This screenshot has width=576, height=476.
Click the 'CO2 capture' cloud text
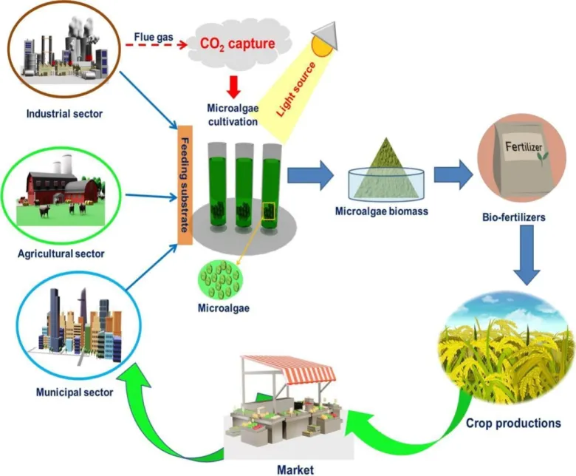[238, 43]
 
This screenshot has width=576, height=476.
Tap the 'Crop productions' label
[513, 424]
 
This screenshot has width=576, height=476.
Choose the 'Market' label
[295, 469]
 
